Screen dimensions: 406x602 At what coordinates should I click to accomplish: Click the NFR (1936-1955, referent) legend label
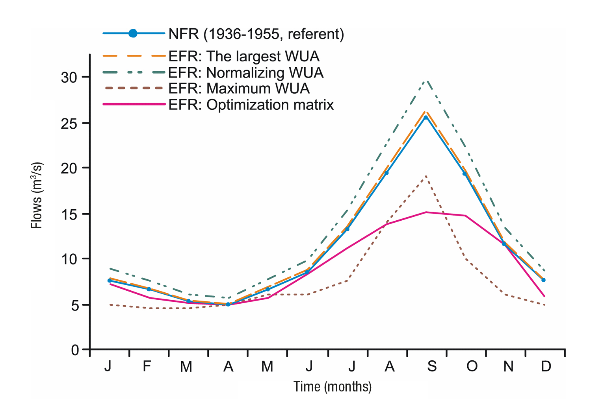[256, 34]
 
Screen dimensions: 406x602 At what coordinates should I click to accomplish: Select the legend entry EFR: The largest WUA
[243, 57]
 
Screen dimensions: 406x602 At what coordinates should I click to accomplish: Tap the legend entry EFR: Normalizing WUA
[246, 73]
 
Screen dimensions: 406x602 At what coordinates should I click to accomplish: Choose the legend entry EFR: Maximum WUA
[239, 89]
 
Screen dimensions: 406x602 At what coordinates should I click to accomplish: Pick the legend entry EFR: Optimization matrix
[251, 105]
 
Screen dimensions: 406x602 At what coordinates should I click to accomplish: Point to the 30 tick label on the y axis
[69, 78]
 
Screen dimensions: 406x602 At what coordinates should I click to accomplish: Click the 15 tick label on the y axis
[69, 214]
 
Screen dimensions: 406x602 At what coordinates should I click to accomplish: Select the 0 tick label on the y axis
[75, 350]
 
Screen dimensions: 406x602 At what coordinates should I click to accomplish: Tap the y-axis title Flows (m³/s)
[37, 195]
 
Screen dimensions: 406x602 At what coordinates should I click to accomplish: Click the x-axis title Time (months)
[332, 387]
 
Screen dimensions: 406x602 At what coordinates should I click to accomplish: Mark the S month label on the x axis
[432, 367]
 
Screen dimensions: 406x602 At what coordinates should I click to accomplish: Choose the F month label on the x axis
[147, 367]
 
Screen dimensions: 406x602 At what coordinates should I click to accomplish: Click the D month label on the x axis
[546, 367]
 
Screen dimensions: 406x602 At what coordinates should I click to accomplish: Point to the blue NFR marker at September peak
[425, 117]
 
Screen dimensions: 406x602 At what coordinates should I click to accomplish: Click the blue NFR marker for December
[543, 280]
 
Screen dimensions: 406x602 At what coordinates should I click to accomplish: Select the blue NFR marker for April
[228, 304]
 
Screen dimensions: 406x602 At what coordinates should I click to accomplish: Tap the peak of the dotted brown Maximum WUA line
[426, 176]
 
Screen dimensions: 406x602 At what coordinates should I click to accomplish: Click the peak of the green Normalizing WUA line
[426, 81]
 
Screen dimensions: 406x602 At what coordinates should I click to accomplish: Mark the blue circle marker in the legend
[133, 33]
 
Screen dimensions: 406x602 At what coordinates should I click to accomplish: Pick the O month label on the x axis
[472, 367]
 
